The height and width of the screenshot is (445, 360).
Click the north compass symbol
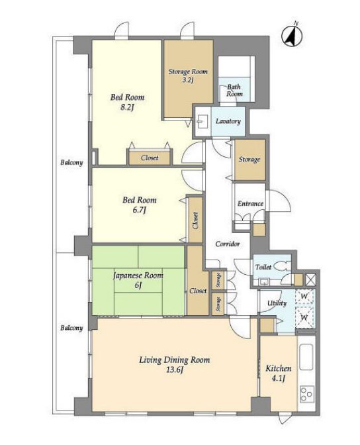tap(292, 35)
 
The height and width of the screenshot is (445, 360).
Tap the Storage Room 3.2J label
tap(188, 75)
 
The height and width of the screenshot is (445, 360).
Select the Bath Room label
tap(234, 90)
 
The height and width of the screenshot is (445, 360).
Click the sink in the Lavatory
tap(202, 121)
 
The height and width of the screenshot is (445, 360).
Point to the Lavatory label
tap(228, 121)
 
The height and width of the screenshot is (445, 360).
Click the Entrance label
tap(250, 203)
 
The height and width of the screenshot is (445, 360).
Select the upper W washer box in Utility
tap(304, 297)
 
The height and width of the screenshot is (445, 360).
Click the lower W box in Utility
tap(304, 317)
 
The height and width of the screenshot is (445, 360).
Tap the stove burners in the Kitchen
tap(306, 394)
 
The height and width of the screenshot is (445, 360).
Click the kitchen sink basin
tap(306, 357)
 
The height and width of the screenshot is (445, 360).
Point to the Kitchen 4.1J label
tap(279, 373)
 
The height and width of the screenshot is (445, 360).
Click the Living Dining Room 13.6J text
tap(175, 365)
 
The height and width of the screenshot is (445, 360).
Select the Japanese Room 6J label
tap(138, 280)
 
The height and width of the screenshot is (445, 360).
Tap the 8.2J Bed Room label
tap(127, 102)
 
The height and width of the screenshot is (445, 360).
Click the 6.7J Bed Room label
tap(139, 205)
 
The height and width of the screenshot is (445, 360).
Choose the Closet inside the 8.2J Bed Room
tap(150, 158)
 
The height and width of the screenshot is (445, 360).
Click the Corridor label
tap(228, 244)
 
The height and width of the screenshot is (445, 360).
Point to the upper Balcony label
tap(71, 163)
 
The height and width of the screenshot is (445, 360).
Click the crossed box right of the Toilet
tap(310, 280)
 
